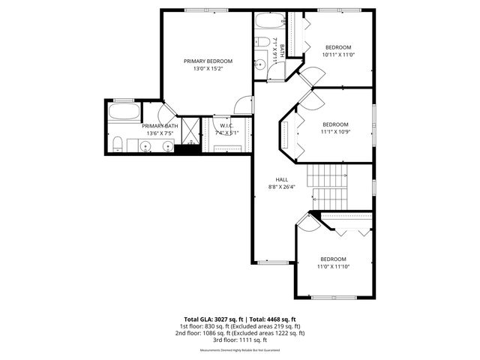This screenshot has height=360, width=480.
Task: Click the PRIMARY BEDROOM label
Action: [x=208, y=61]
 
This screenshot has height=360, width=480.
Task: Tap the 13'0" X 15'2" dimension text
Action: [x=208, y=68]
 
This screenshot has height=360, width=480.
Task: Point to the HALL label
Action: [x=282, y=179]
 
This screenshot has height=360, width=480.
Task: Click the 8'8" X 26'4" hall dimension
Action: [x=282, y=187]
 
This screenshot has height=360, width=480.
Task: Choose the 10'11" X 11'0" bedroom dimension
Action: [x=338, y=54]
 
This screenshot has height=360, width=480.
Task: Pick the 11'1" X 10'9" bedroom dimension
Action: [x=335, y=131]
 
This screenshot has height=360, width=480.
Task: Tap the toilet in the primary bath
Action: [x=118, y=144]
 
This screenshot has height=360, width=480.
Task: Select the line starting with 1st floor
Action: [x=239, y=326]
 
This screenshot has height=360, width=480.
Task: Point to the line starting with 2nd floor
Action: [x=239, y=333]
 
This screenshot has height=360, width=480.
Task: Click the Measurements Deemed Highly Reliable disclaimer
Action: [x=239, y=350]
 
